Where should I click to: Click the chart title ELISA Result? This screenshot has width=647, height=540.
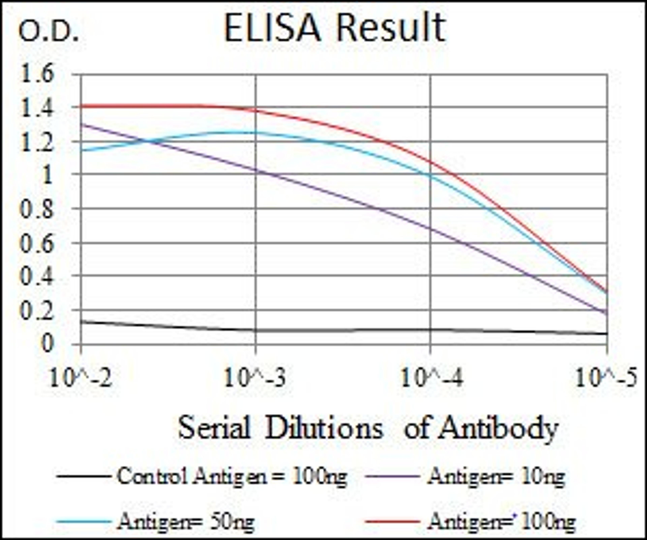pyautogui.click(x=335, y=28)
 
